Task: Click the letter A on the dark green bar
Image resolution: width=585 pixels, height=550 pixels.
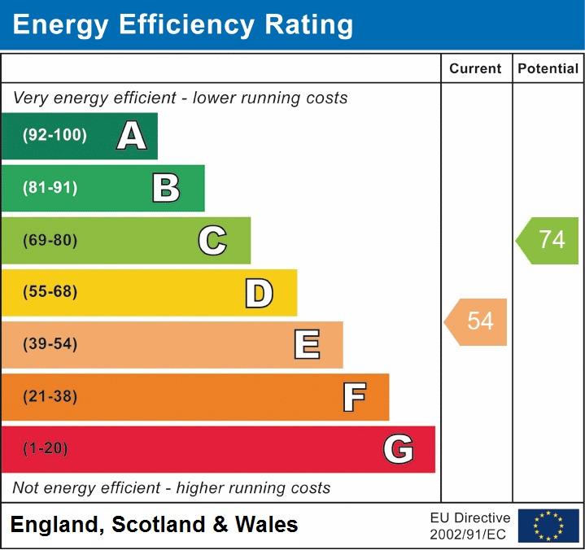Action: click(x=131, y=136)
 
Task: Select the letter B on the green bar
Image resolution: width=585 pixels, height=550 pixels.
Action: click(x=166, y=188)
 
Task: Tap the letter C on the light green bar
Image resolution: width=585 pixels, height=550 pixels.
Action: click(x=212, y=240)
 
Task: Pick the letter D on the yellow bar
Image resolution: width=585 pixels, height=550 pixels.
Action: click(x=259, y=293)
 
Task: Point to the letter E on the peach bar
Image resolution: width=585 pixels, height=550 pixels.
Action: click(x=306, y=345)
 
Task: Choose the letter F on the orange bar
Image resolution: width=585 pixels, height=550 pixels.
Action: click(x=353, y=397)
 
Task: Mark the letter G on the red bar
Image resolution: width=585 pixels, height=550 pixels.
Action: click(x=398, y=449)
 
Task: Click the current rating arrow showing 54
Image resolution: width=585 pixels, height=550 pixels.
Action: click(x=477, y=321)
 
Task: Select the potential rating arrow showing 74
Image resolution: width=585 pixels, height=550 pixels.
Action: click(x=548, y=240)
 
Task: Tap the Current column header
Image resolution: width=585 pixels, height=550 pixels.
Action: click(x=476, y=69)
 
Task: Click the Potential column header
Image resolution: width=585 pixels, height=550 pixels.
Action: click(x=548, y=69)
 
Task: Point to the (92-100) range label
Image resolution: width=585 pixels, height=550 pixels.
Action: click(x=55, y=136)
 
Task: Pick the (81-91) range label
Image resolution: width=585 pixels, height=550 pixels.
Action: click(x=50, y=188)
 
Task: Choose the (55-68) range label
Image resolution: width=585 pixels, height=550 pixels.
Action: click(x=50, y=292)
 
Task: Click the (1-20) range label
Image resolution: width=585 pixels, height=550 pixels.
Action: click(x=46, y=449)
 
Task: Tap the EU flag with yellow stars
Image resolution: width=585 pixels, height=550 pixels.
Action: click(x=548, y=526)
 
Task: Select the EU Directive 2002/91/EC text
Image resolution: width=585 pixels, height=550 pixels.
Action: click(x=470, y=526)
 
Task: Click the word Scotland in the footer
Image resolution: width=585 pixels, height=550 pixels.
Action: click(x=159, y=525)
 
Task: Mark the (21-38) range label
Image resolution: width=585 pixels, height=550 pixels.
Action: click(x=50, y=397)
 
